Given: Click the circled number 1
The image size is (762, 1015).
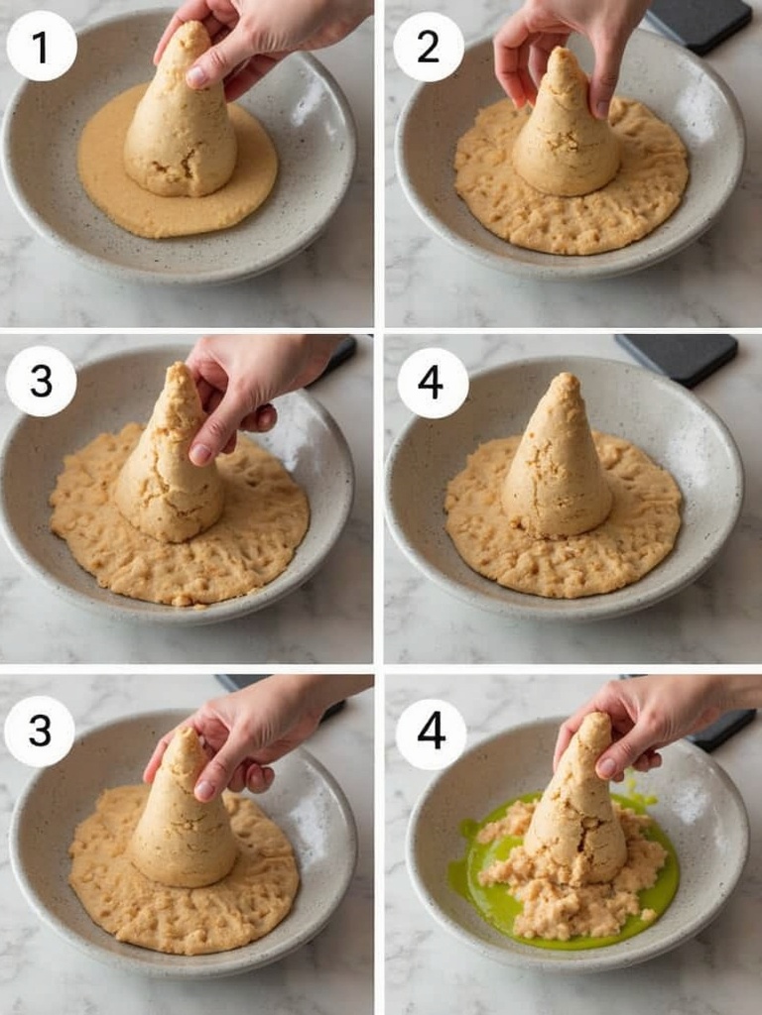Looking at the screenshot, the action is (x=42, y=46).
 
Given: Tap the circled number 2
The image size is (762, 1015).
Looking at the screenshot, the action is (x=429, y=46).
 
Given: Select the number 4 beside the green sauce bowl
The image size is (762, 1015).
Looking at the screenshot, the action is (x=431, y=734).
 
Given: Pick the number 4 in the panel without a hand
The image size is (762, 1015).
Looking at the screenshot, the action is (x=433, y=384).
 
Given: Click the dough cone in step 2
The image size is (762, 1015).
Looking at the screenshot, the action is (x=565, y=130).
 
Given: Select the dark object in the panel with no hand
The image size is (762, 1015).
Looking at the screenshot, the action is (x=677, y=359).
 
